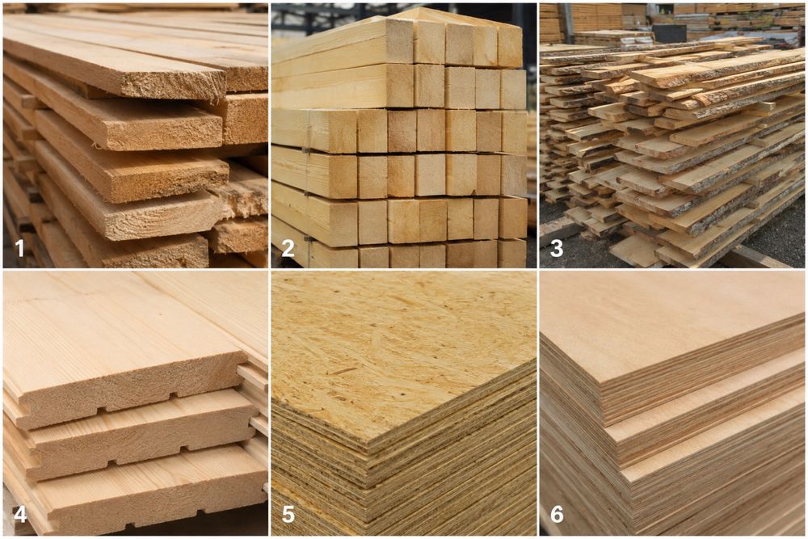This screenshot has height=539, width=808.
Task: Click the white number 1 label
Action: click(x=19, y=249)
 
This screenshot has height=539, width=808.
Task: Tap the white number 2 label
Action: click(x=288, y=249)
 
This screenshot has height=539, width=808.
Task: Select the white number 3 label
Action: click(x=557, y=249)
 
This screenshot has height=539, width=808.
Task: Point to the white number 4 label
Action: click(x=20, y=514)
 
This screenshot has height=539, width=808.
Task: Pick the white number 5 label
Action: click(x=288, y=514)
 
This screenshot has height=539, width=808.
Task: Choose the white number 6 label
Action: click(x=557, y=514)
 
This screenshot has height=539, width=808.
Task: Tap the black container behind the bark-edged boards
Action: click(x=668, y=33)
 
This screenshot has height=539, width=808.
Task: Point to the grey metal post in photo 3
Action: click(x=568, y=22)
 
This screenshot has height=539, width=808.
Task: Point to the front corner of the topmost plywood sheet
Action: click(x=600, y=382)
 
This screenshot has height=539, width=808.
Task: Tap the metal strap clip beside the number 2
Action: click(x=307, y=239)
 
